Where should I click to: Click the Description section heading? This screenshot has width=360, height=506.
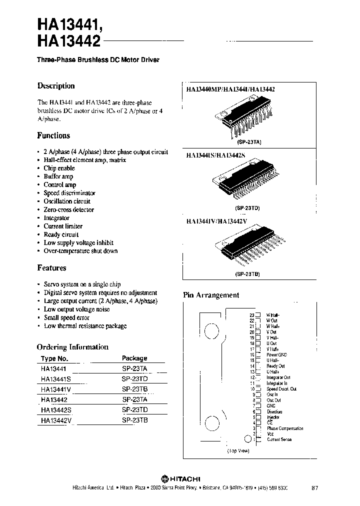click(x=56, y=86)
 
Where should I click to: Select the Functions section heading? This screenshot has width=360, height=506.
click(x=53, y=135)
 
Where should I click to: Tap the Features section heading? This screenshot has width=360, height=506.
click(x=51, y=268)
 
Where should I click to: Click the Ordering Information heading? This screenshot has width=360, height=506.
click(x=72, y=347)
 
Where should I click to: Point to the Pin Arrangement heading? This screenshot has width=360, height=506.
click(x=211, y=295)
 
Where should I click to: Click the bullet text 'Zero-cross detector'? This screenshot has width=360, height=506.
click(x=68, y=209)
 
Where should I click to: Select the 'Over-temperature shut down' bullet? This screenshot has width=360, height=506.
click(x=80, y=251)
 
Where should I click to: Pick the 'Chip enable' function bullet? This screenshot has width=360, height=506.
click(x=59, y=168)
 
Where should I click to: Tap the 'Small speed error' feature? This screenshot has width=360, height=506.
click(x=66, y=317)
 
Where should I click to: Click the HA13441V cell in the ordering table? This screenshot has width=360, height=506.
click(x=57, y=389)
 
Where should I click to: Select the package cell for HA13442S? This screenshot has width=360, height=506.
click(x=135, y=410)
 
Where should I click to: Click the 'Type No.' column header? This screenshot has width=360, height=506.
click(x=54, y=358)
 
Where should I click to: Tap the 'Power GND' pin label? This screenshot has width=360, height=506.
click(x=276, y=354)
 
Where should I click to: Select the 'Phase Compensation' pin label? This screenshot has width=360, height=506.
click(x=285, y=428)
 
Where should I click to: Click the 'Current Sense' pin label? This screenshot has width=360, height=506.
click(x=279, y=439)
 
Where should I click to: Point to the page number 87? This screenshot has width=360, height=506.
click(x=314, y=487)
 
